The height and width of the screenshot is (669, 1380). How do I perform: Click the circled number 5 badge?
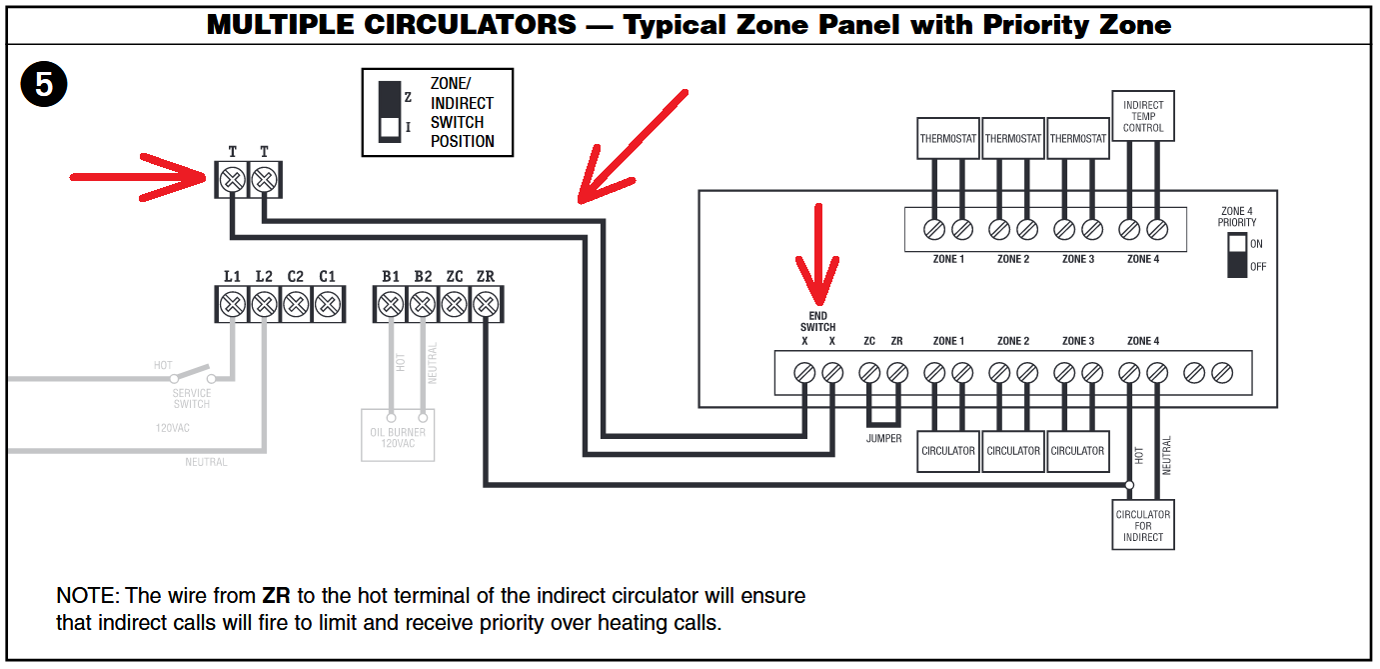pyautogui.click(x=44, y=85)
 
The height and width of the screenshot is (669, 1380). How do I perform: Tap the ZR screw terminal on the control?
pyautogui.click(x=486, y=302)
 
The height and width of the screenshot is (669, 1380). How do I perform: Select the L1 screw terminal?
pyautogui.click(x=232, y=302)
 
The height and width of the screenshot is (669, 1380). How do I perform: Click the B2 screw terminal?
pyautogui.click(x=423, y=302)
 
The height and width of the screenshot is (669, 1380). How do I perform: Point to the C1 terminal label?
pyautogui.click(x=327, y=276)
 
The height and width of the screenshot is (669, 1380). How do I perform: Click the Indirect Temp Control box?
pyautogui.click(x=1143, y=116)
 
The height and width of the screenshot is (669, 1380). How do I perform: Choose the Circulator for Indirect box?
pyautogui.click(x=1143, y=525)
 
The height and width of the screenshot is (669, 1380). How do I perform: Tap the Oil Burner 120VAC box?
pyautogui.click(x=398, y=436)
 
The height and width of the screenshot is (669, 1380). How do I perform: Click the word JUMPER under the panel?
pyautogui.click(x=883, y=439)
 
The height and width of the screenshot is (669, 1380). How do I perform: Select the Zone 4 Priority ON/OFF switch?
pyautogui.click(x=1238, y=255)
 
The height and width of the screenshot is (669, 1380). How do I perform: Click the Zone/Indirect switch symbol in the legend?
pyautogui.click(x=390, y=112)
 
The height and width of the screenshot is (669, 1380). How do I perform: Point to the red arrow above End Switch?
pyautogui.click(x=819, y=255)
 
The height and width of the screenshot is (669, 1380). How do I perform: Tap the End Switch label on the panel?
pyautogui.click(x=817, y=321)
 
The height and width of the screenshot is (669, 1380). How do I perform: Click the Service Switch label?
pyautogui.click(x=192, y=398)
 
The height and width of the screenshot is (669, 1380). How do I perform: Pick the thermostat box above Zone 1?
pyautogui.click(x=947, y=139)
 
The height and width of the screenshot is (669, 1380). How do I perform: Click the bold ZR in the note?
pyautogui.click(x=276, y=596)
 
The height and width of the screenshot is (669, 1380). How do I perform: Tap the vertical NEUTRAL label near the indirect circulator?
pyautogui.click(x=1166, y=455)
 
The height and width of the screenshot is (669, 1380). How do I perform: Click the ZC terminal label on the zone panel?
pyautogui.click(x=869, y=341)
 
